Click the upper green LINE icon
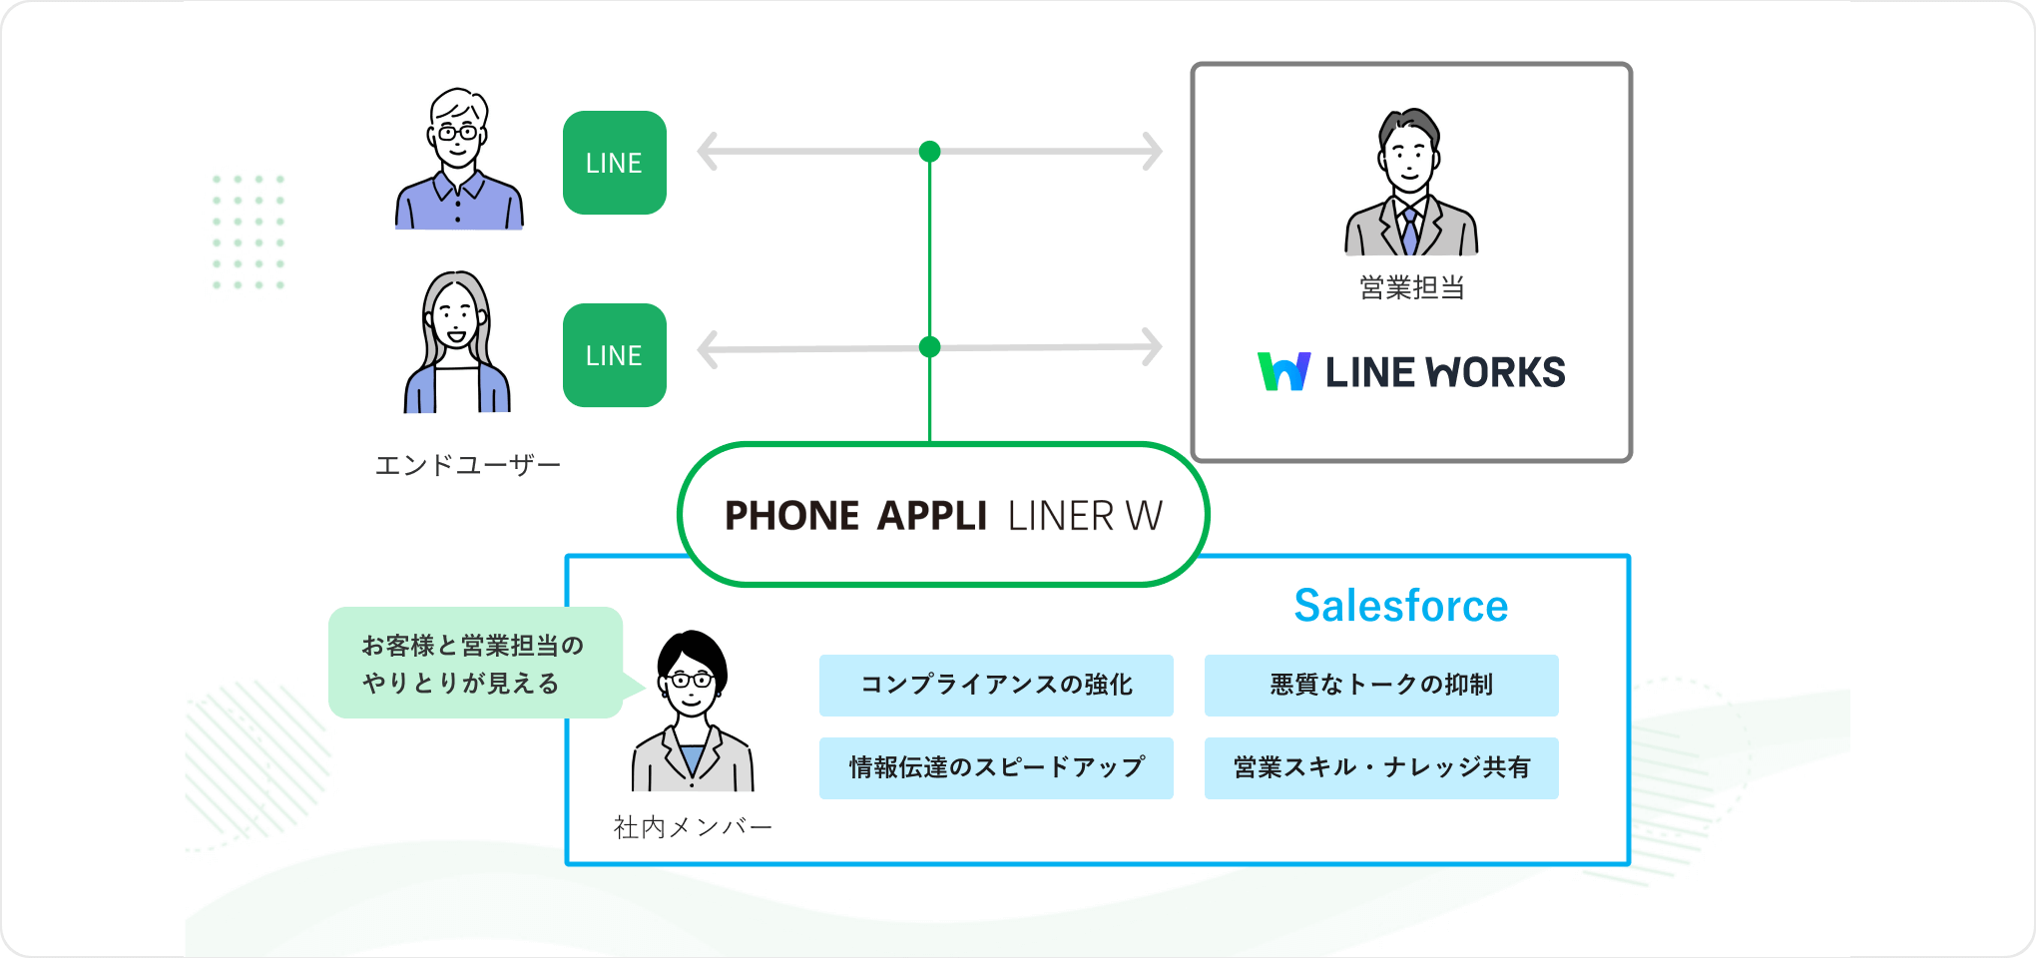pyautogui.click(x=614, y=163)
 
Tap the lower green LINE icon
pyautogui.click(x=614, y=355)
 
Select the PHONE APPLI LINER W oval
pyautogui.click(x=942, y=515)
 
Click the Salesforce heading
pyautogui.click(x=1400, y=606)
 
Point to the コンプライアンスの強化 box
pyautogui.click(x=995, y=685)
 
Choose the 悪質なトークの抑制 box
pyautogui.click(x=1380, y=685)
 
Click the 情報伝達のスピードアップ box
pyautogui.click(x=995, y=767)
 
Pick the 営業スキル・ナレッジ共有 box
pyautogui.click(x=1380, y=767)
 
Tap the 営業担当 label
pyautogui.click(x=1411, y=288)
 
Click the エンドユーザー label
pyautogui.click(x=467, y=465)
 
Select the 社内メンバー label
pyautogui.click(x=693, y=827)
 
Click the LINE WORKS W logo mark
pyautogui.click(x=1283, y=371)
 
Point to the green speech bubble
pyautogui.click(x=475, y=664)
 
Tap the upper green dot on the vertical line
pyautogui.click(x=929, y=152)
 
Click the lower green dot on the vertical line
pyautogui.click(x=929, y=347)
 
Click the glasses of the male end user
pyautogui.click(x=458, y=132)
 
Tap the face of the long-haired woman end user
pyautogui.click(x=456, y=317)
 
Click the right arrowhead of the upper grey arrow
pyautogui.click(x=1154, y=152)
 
